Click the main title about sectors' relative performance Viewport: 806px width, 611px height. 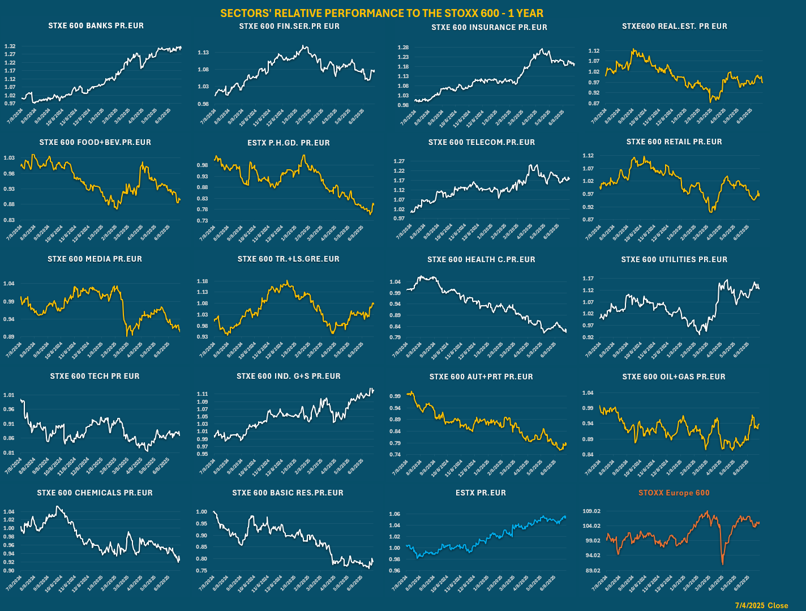381,13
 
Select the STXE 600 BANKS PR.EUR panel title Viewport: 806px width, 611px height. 96,25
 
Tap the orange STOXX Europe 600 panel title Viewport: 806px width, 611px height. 674,493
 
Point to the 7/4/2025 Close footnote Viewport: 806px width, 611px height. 761,605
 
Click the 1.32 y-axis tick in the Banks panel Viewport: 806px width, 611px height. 10,46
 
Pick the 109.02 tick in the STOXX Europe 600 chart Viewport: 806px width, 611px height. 591,511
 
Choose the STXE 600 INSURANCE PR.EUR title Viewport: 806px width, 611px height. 489,27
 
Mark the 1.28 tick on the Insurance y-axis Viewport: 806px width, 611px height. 403,48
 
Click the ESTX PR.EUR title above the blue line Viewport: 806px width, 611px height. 481,493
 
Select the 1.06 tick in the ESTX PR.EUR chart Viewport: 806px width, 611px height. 395,514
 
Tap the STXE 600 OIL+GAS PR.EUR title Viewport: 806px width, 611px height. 674,377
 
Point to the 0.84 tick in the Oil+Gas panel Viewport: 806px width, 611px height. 588,454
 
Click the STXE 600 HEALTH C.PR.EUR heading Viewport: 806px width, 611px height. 481,259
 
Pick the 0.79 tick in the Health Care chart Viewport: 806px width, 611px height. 395,337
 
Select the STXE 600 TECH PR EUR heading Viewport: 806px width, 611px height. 95,376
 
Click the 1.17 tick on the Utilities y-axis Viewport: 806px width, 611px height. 588,279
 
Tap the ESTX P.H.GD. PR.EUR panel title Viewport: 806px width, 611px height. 288,143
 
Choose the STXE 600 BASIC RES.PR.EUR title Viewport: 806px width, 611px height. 288,493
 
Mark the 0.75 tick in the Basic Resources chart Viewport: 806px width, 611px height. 201,570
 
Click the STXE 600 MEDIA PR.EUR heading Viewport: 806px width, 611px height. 95,259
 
